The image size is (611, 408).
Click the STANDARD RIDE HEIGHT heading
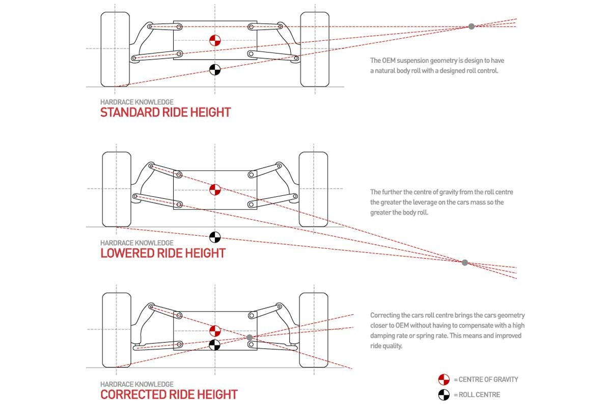(165, 112)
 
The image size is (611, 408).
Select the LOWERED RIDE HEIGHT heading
(163, 253)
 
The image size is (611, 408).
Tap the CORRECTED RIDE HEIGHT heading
(169, 394)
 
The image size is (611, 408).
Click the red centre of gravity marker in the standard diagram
(215, 41)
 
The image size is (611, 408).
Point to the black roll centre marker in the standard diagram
(215, 69)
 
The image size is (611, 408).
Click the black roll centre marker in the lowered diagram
(215, 237)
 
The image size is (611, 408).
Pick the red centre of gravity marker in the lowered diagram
(215, 190)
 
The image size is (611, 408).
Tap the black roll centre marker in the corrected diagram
(215, 345)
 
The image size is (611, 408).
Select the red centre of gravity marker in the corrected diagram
(215, 330)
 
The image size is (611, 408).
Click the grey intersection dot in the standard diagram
(471, 26)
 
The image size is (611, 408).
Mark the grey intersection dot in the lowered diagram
(464, 263)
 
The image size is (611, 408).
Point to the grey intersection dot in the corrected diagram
(249, 338)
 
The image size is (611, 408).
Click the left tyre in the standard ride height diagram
(115, 49)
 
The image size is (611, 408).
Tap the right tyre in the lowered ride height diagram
(313, 189)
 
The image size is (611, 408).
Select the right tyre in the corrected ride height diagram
(313, 330)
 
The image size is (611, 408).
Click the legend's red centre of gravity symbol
(443, 379)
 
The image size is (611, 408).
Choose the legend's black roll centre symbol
(443, 394)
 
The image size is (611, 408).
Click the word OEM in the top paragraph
(389, 61)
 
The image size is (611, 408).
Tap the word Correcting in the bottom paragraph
(385, 316)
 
